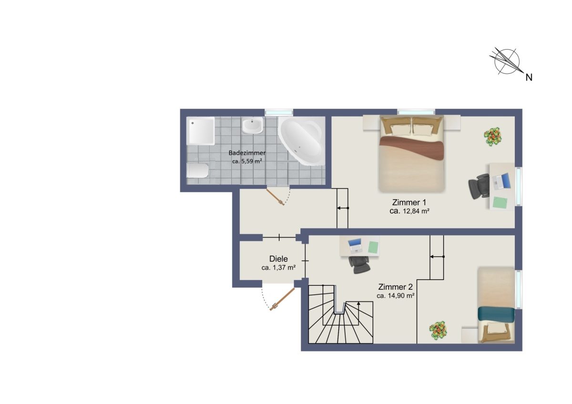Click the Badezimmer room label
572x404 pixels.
[x=247, y=153]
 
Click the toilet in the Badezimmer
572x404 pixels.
[x=198, y=171]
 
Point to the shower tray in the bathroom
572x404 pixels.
[x=201, y=131]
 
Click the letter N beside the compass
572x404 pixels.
[x=529, y=78]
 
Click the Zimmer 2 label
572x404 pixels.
[x=395, y=287]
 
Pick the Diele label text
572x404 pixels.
[x=278, y=259]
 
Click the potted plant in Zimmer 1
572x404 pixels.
[x=492, y=137]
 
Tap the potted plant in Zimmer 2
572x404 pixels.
[x=438, y=330]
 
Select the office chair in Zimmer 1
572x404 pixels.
[x=479, y=186]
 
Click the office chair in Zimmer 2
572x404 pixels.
[x=359, y=265]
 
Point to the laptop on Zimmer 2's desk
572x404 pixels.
[x=355, y=245]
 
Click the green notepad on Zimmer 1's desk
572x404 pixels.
[x=500, y=202]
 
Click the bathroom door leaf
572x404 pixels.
[x=276, y=197]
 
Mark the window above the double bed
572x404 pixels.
[x=416, y=112]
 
